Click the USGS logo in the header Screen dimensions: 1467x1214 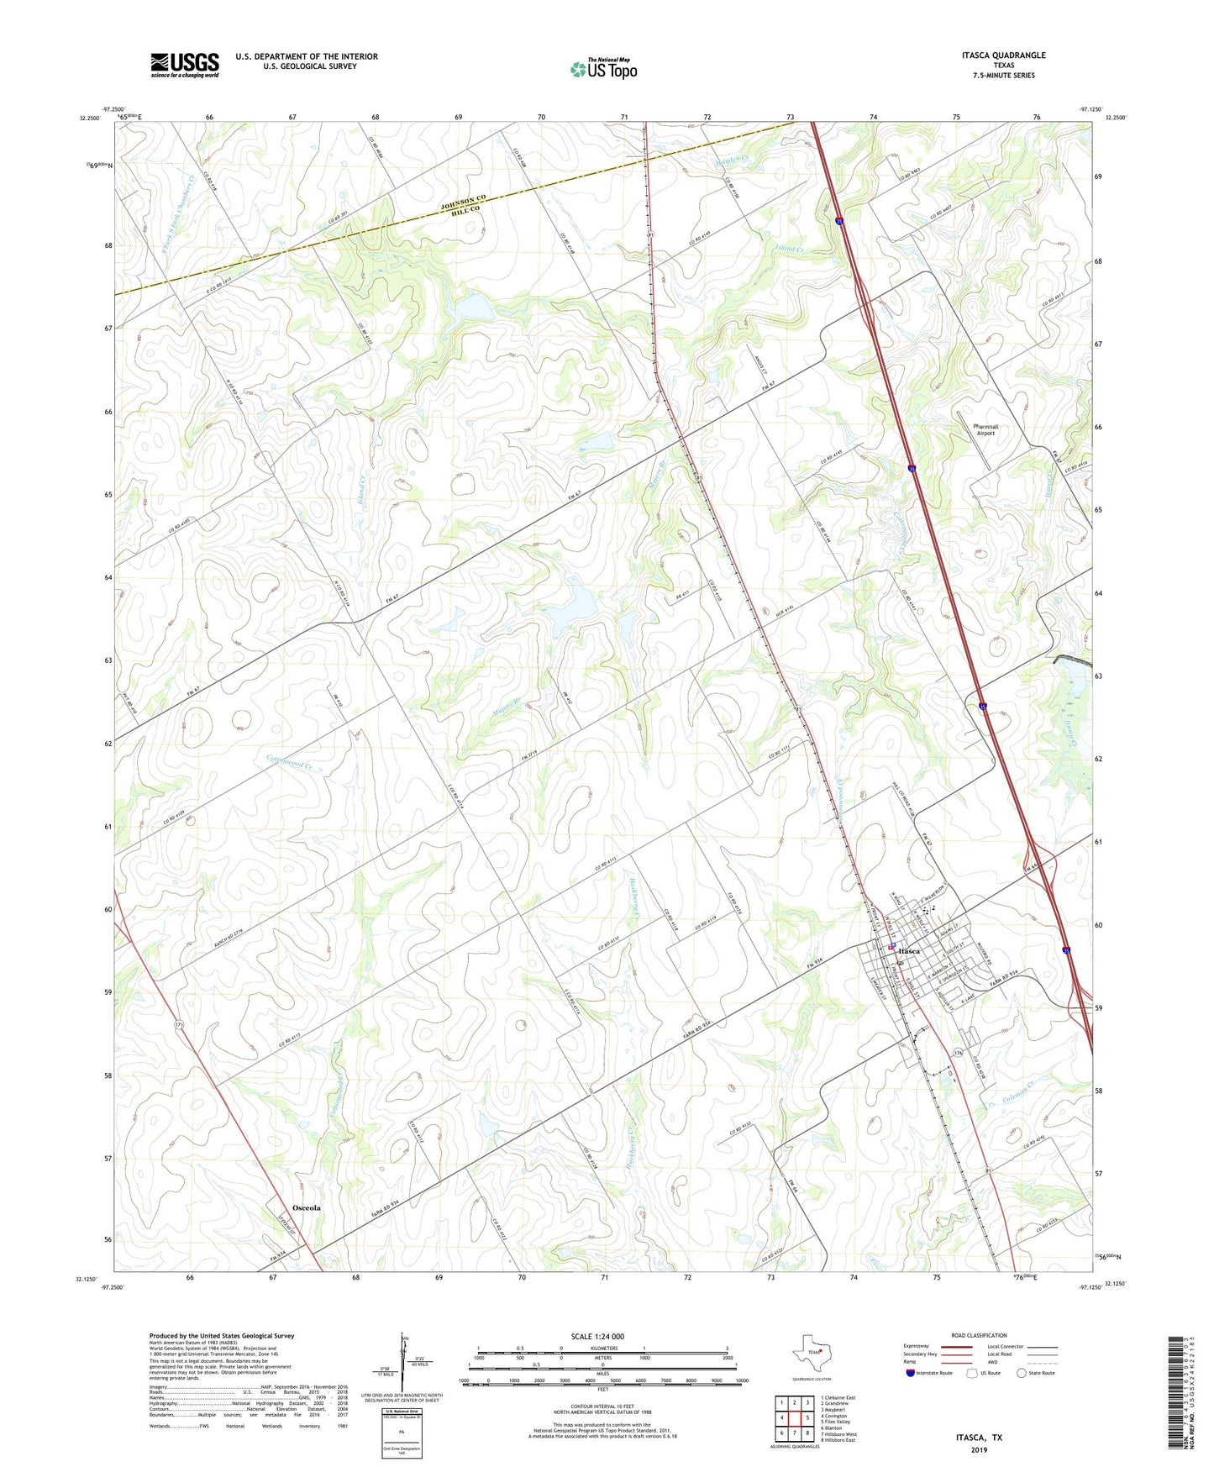click(x=185, y=65)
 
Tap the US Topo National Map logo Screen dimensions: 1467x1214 click(x=602, y=69)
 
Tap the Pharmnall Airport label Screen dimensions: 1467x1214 click(x=985, y=429)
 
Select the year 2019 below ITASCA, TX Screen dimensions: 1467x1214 click(x=979, y=1450)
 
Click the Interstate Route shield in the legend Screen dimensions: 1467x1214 click(x=911, y=1373)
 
